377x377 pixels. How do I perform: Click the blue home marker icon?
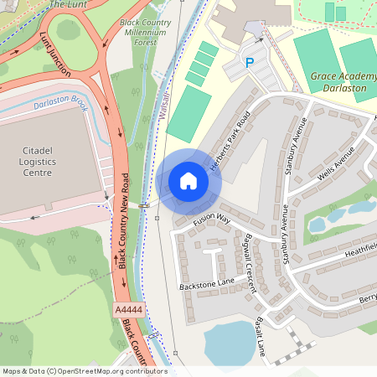click(188, 181)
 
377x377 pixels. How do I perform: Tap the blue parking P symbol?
click(249, 63)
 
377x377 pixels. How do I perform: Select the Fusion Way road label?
click(211, 220)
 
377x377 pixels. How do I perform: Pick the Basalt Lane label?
click(260, 336)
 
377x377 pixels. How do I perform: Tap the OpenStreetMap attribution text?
click(84, 371)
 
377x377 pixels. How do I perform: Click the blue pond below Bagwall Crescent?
click(229, 343)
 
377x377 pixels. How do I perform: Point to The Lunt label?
click(68, 4)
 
